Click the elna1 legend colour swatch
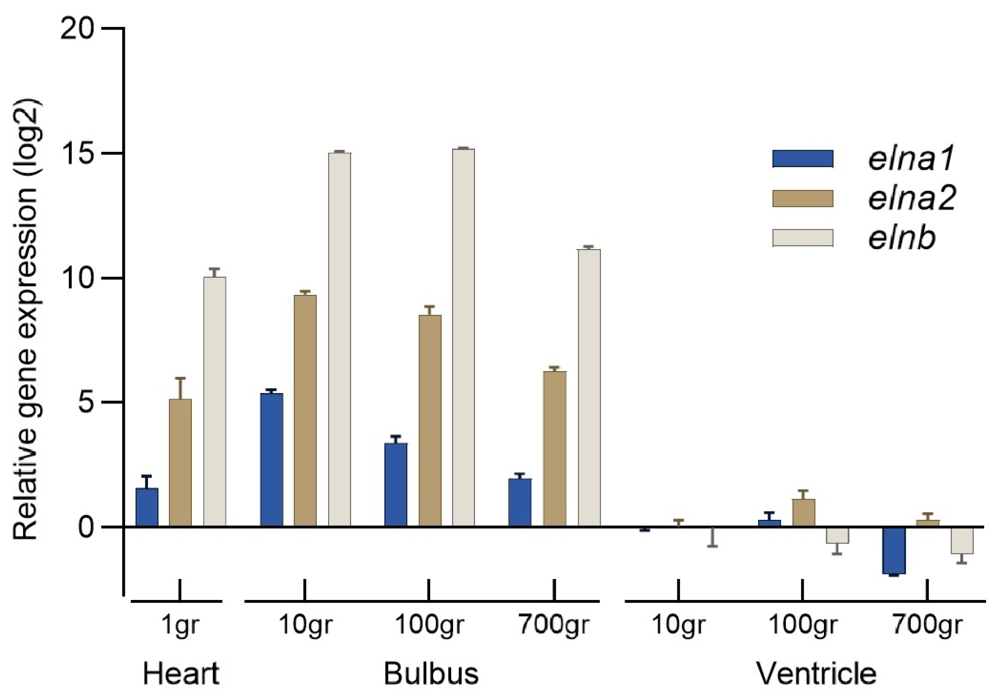tap(803, 158)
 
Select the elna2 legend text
tap(911, 198)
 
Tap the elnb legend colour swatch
tap(803, 238)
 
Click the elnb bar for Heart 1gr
tap(215, 402)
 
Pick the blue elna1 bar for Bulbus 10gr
tap(272, 460)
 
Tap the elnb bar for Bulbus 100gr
tap(463, 337)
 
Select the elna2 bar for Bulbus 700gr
tap(555, 449)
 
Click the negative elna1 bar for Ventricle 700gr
tap(894, 550)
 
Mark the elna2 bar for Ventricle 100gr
tap(804, 513)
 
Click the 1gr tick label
tap(180, 624)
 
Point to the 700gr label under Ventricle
tap(928, 624)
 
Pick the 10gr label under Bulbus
tap(306, 624)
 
